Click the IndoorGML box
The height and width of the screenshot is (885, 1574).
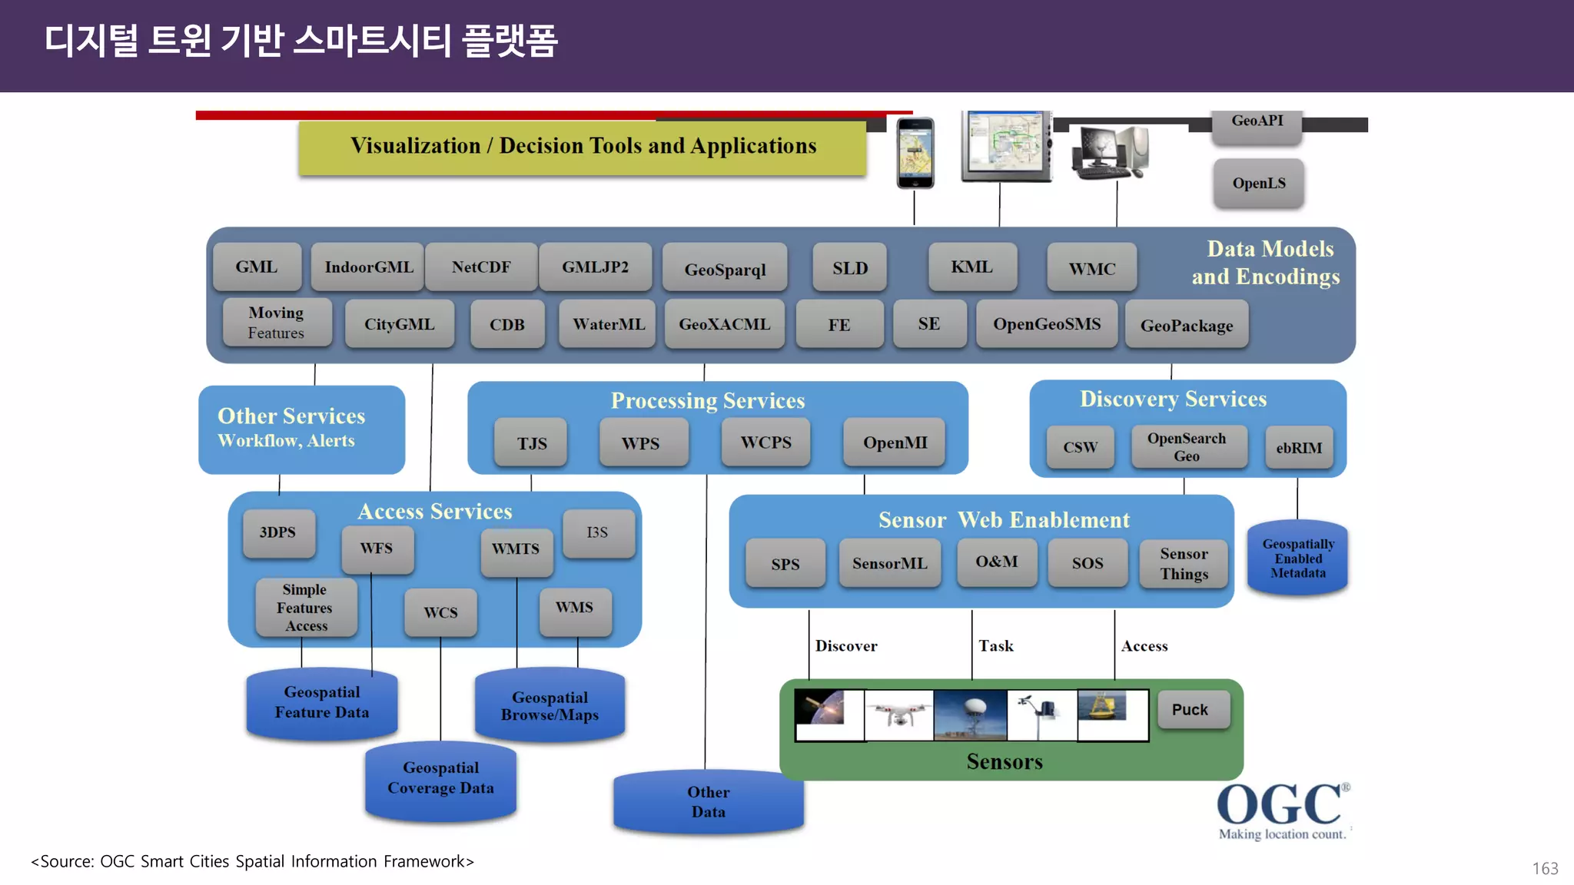[368, 267]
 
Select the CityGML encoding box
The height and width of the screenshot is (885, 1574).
[399, 324]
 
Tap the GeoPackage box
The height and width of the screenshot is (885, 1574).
[1186, 326]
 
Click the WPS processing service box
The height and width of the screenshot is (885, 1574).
[640, 443]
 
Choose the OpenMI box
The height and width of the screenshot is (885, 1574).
[895, 442]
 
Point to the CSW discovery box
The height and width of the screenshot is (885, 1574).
[1080, 447]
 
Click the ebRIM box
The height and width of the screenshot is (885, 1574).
[1299, 448]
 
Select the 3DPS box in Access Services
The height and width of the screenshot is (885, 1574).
[277, 532]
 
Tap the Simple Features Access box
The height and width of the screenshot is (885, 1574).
[305, 608]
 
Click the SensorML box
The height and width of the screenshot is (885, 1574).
[889, 563]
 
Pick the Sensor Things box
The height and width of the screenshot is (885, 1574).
[1184, 564]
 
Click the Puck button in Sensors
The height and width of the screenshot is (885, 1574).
[1190, 710]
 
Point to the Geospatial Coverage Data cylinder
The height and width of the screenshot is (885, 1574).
[440, 779]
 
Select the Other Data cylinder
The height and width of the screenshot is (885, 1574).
[708, 802]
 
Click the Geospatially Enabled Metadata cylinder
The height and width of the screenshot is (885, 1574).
[1297, 559]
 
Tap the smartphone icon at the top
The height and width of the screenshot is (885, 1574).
[915, 153]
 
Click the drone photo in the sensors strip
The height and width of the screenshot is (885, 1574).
[898, 714]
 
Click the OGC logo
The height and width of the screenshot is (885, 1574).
[1282, 811]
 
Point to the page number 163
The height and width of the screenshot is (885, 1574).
[1544, 868]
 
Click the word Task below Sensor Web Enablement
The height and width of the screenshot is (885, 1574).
[995, 646]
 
